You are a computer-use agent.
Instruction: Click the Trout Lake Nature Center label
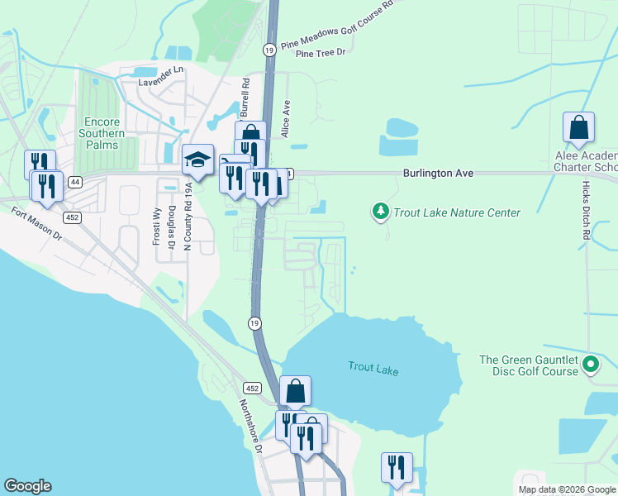pos(456,212)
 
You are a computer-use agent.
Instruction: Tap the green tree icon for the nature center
pos(380,212)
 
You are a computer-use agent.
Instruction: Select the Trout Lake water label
pos(373,369)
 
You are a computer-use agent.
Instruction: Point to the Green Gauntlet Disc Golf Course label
pos(529,365)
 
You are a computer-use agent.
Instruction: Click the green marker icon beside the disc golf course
pos(591,365)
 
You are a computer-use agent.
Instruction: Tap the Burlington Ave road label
pos(438,174)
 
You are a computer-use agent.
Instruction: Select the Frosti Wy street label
pos(155,226)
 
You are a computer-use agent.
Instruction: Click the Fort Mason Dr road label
pos(36,223)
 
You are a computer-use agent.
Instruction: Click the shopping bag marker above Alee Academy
pos(578,127)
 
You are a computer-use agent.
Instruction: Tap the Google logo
pos(27,486)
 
